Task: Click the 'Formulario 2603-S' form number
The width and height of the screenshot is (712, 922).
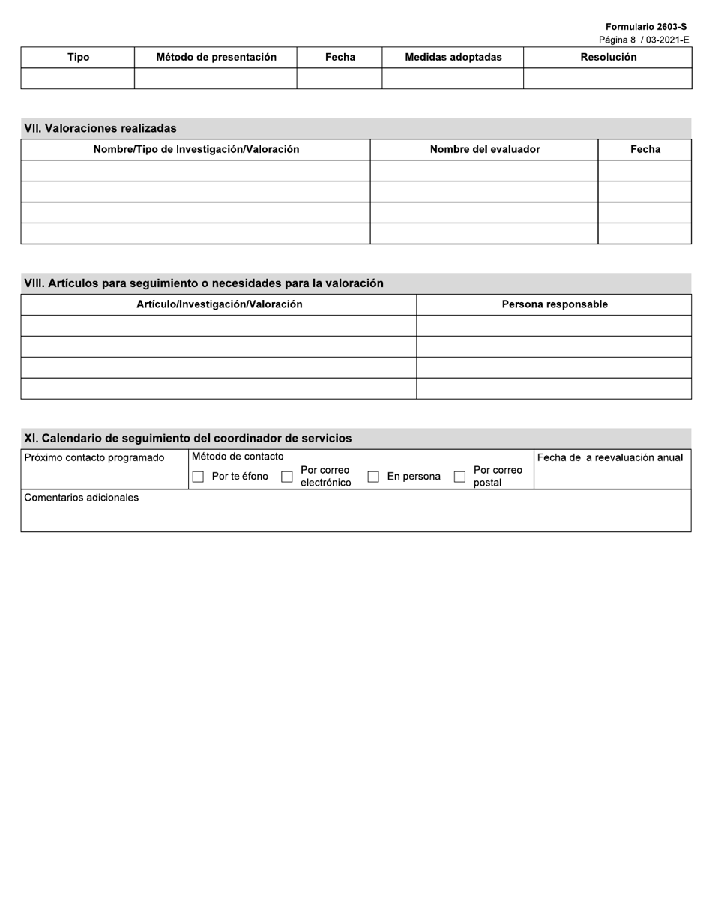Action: point(645,27)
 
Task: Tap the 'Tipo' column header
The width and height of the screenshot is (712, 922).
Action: point(78,58)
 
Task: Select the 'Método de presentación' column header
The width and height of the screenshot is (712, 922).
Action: point(216,58)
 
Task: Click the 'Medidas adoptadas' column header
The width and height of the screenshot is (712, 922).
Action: point(453,58)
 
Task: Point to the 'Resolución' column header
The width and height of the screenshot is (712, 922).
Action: point(608,58)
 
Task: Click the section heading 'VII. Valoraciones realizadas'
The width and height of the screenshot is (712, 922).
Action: point(100,128)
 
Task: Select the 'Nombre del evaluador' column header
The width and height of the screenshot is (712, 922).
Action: point(484,149)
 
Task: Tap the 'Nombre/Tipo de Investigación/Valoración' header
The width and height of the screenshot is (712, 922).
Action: point(196,149)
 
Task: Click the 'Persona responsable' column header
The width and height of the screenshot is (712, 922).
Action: point(554,304)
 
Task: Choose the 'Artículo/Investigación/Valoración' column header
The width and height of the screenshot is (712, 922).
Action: point(219,304)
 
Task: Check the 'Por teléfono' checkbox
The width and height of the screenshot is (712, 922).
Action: point(198,477)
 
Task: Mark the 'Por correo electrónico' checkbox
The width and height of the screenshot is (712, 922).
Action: point(286,477)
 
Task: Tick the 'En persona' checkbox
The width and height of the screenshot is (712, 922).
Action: point(372,477)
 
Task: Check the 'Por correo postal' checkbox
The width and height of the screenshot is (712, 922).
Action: point(459,477)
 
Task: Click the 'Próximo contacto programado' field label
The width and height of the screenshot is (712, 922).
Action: point(94,458)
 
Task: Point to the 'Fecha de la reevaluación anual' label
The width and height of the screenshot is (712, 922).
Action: point(610,458)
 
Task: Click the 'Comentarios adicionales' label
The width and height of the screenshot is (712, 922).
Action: point(82,498)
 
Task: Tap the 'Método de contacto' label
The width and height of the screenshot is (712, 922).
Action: point(238,457)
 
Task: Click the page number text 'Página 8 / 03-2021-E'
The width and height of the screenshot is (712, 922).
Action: point(643,40)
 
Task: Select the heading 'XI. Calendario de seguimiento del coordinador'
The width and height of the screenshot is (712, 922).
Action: point(187,439)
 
